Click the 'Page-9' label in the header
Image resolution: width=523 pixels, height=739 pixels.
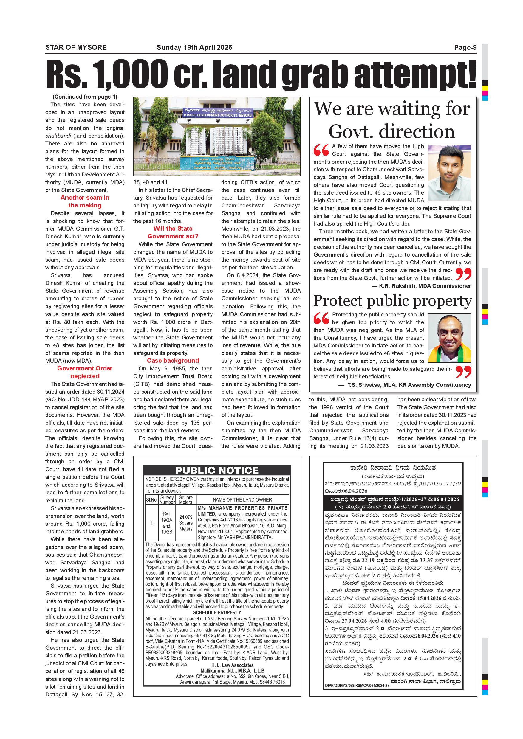coord(465,48)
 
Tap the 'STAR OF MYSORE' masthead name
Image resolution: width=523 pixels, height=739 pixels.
coord(76,48)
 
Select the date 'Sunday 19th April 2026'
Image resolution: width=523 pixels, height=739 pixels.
coord(194,48)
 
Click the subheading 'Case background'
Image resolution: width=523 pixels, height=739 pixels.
coord(173,361)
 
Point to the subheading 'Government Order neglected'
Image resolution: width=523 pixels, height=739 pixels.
coord(85,372)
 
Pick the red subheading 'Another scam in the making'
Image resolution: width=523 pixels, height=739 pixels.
coord(85,201)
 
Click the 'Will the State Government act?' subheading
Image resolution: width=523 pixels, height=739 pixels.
coord(173,232)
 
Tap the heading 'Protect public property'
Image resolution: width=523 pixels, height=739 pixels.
coord(393,301)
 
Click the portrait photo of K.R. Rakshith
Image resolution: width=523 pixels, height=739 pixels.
coord(449,173)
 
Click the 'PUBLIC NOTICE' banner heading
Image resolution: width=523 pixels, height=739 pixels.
coord(217,470)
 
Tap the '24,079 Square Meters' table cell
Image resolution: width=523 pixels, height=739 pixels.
coord(186,523)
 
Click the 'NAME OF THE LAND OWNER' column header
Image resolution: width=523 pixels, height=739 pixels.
coord(242,499)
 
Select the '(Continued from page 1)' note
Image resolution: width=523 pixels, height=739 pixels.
coord(85,97)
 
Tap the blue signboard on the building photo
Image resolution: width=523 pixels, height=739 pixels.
coord(218,112)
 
